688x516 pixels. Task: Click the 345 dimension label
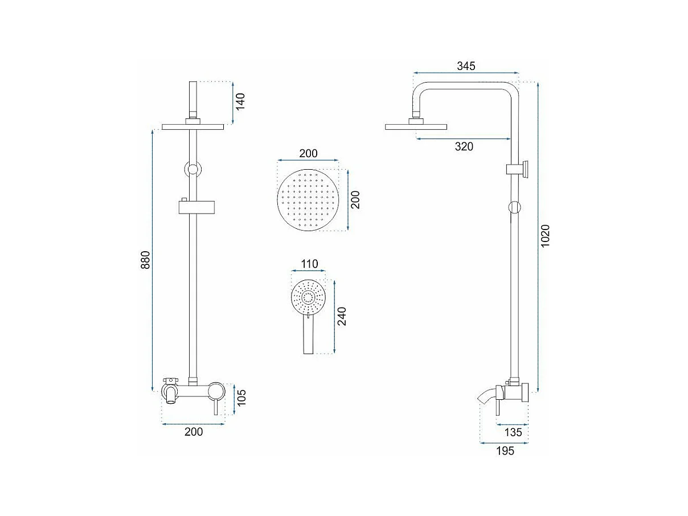466,66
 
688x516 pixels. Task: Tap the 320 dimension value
464,146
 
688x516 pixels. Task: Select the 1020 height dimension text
545,236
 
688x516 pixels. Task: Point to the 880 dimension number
145,260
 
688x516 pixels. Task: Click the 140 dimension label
240,101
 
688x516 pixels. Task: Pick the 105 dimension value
241,398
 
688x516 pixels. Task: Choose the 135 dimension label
513,432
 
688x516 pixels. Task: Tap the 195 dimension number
505,451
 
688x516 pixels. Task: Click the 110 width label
309,264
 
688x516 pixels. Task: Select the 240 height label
342,317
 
